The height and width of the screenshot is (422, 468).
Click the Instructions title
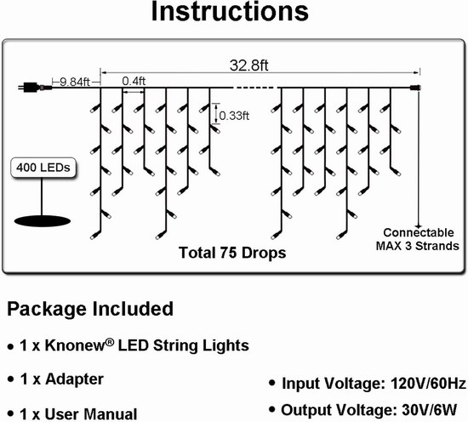pyautogui.click(x=230, y=11)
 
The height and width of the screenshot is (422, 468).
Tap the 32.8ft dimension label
pyautogui.click(x=249, y=66)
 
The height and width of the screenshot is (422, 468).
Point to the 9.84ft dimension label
pyautogui.click(x=75, y=82)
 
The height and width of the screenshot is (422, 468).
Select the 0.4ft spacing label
pyautogui.click(x=134, y=81)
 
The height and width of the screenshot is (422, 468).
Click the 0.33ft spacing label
pyautogui.click(x=234, y=116)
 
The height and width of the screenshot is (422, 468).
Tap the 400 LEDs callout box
pyautogui.click(x=43, y=168)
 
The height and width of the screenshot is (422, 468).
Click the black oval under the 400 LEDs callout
pyautogui.click(x=43, y=221)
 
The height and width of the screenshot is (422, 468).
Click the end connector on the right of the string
pyautogui.click(x=415, y=88)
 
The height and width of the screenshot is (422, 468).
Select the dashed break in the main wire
pyautogui.click(x=255, y=88)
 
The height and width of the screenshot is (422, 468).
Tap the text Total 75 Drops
pyautogui.click(x=232, y=253)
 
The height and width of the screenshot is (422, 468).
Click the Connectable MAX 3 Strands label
pyautogui.click(x=418, y=239)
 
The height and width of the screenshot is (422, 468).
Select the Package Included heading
pyautogui.click(x=90, y=309)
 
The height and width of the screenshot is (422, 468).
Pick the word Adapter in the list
pyautogui.click(x=74, y=379)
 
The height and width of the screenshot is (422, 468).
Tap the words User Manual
pyautogui.click(x=91, y=414)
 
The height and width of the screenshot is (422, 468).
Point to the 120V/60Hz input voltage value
pyautogui.click(x=428, y=383)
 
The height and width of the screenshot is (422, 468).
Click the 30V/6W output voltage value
pyautogui.click(x=430, y=410)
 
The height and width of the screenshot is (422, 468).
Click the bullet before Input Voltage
pyautogui.click(x=271, y=383)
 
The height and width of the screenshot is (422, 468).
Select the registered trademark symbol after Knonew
pyautogui.click(x=110, y=343)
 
